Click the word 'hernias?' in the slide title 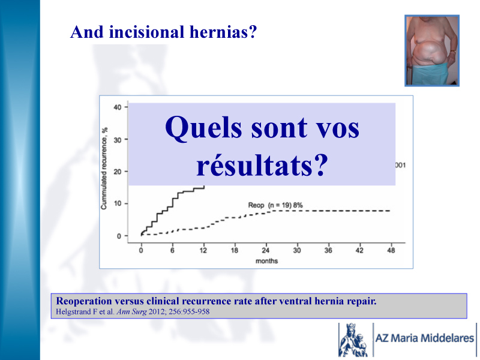(223, 32)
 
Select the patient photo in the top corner (432, 50)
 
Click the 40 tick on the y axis (118, 107)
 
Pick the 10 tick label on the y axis (118, 203)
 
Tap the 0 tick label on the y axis (119, 236)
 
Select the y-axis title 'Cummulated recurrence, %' (104, 169)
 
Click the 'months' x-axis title (266, 261)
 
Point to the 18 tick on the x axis (235, 250)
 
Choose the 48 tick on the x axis (391, 250)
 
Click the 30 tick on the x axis (297, 250)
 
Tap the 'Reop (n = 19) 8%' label (275, 205)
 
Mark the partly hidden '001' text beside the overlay (400, 166)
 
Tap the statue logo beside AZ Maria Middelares (353, 340)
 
